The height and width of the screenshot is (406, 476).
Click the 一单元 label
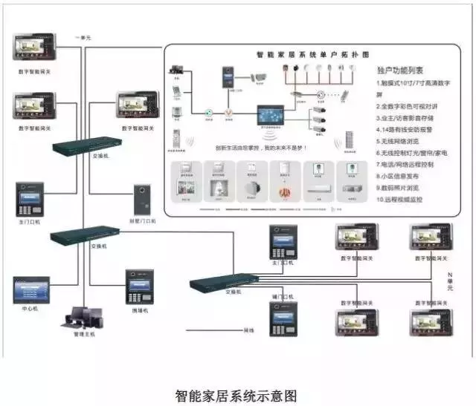pos(84,37)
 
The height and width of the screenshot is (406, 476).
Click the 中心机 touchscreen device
pos(30,289)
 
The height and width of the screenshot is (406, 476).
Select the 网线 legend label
pos(249,330)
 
